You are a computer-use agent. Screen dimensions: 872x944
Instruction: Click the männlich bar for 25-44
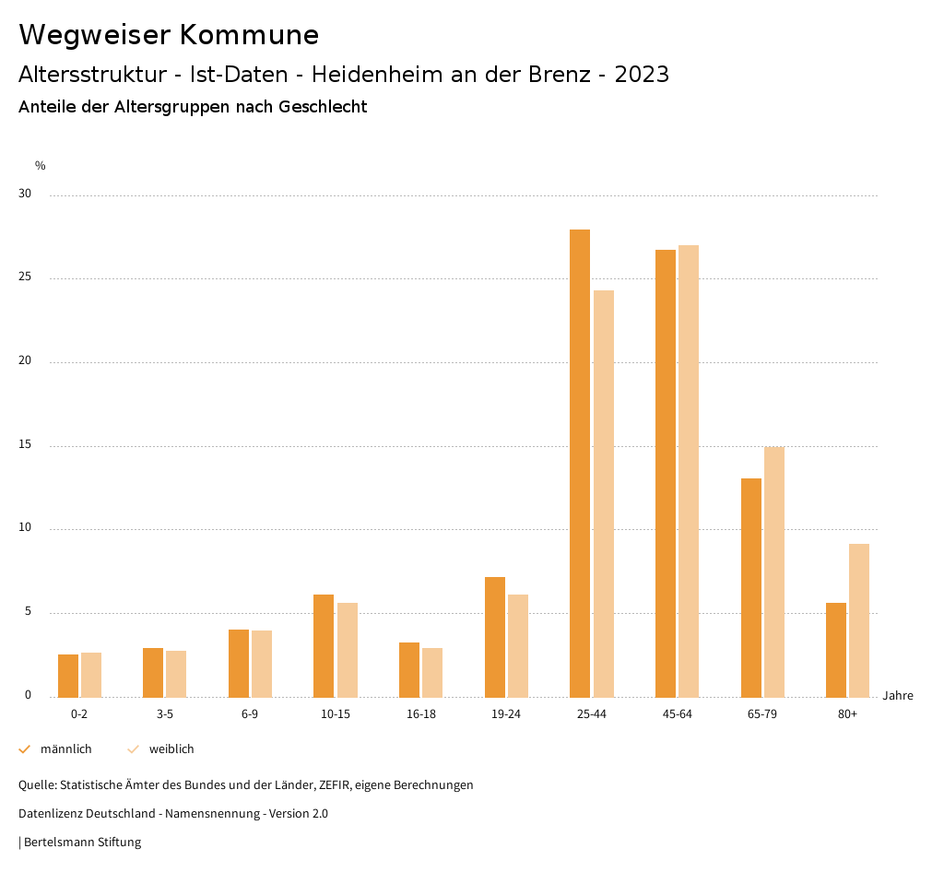[580, 463]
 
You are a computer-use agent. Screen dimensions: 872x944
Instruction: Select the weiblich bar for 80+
[859, 620]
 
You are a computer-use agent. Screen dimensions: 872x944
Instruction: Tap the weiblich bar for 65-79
[774, 572]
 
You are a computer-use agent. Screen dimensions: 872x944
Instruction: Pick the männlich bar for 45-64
[666, 473]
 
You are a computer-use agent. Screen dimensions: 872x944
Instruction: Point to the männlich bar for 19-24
[495, 637]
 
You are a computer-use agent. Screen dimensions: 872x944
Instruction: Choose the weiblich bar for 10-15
[348, 650]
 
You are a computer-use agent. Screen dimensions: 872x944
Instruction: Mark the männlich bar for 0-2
[68, 676]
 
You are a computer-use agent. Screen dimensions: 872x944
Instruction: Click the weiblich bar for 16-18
[432, 672]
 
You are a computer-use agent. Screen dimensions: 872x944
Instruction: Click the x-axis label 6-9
[250, 714]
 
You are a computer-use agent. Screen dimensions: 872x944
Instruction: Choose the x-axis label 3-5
[165, 714]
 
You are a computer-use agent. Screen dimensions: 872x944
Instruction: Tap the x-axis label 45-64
[678, 714]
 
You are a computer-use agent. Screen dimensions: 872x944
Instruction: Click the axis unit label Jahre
[898, 696]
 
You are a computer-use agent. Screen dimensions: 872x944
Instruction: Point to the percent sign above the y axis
[41, 166]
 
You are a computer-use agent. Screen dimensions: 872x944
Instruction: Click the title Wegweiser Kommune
[169, 35]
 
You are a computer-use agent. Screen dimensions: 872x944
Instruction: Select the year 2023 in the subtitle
[642, 75]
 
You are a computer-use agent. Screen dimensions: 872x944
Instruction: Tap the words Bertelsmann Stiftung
[82, 843]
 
